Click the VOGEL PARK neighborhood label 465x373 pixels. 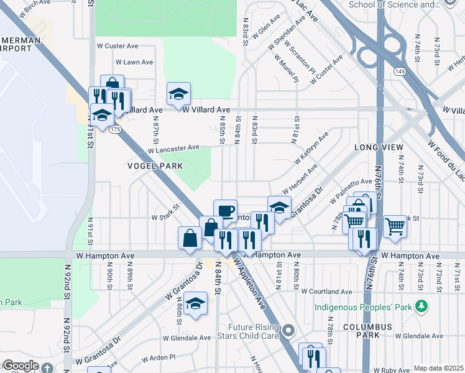click(155, 166)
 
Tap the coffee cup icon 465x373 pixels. click(225, 210)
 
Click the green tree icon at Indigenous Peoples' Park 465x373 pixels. click(422, 306)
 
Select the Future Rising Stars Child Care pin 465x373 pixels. click(287, 329)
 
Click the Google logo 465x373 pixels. click(20, 365)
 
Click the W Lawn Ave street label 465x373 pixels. click(134, 62)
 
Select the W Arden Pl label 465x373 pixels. click(159, 359)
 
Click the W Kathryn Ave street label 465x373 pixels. click(308, 148)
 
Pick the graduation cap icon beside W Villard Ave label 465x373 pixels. click(178, 94)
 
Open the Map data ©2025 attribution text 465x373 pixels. click(438, 368)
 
